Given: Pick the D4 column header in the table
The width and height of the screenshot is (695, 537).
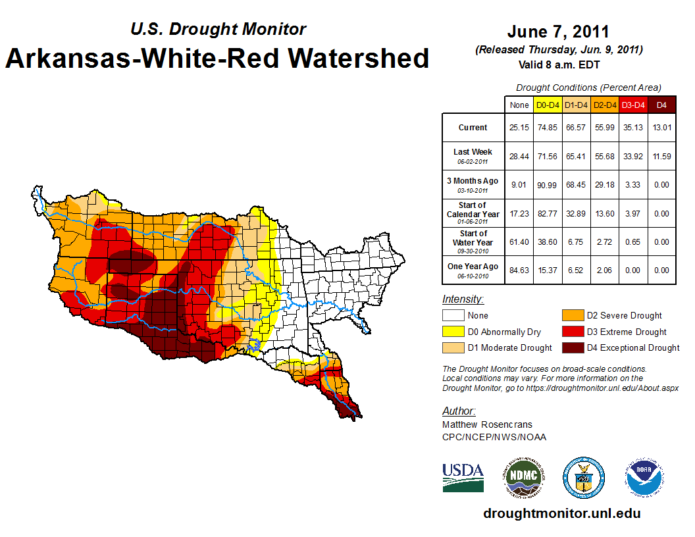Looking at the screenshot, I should tap(661, 105).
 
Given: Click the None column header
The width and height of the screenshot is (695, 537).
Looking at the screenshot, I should tap(519, 105).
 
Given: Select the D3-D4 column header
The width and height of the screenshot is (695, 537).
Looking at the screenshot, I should tap(633, 105).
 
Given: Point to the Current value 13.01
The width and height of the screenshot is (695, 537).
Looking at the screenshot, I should tap(661, 128).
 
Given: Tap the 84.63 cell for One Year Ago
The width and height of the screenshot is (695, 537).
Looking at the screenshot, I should tap(519, 270).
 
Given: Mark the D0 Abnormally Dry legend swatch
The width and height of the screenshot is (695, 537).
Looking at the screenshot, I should tap(452, 332).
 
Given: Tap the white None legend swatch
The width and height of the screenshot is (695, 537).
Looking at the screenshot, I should tap(452, 316).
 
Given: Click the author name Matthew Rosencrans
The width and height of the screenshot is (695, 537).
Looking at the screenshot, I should tap(487, 424).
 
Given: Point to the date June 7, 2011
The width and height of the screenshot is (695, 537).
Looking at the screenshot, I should tap(558, 32).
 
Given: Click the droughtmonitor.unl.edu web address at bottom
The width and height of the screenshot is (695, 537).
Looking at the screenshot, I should tap(561, 513).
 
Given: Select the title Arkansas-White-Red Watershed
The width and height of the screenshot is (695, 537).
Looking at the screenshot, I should tap(217, 58).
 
